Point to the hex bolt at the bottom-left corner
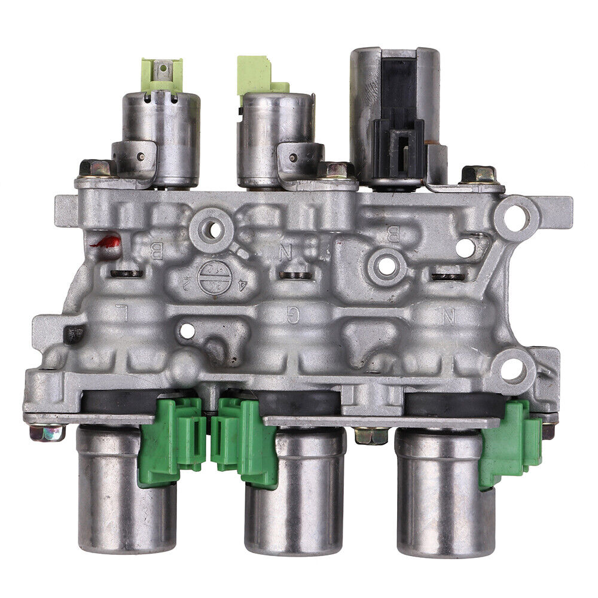pyautogui.click(x=46, y=432)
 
